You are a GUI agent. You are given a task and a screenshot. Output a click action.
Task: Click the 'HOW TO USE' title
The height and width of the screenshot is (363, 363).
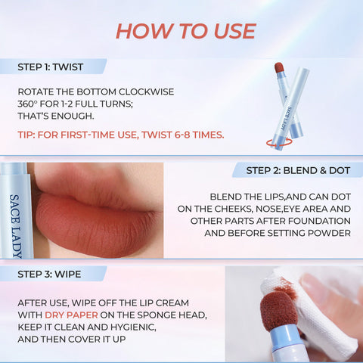[186, 31]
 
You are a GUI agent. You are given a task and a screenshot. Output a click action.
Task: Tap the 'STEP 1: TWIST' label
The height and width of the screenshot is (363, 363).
[50, 67]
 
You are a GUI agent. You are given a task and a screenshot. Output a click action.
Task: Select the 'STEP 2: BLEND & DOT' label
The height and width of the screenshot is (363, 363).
[298, 170]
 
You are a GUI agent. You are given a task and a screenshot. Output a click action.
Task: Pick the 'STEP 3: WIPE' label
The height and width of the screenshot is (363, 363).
[49, 275]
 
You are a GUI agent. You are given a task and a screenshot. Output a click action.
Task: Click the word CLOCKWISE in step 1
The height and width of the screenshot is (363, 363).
[146, 92]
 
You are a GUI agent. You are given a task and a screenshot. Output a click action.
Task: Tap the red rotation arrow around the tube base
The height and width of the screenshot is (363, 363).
[279, 142]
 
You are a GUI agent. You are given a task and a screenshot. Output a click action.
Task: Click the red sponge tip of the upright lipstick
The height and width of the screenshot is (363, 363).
[279, 67]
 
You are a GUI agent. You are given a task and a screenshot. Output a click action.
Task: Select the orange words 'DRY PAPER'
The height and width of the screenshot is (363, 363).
[71, 315]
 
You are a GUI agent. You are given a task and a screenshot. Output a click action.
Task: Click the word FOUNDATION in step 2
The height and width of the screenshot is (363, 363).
[319, 221]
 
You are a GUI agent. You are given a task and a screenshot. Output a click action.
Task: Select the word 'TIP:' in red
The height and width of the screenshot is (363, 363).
[26, 135]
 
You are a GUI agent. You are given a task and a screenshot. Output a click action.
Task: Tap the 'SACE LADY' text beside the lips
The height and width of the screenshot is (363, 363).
[16, 226]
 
